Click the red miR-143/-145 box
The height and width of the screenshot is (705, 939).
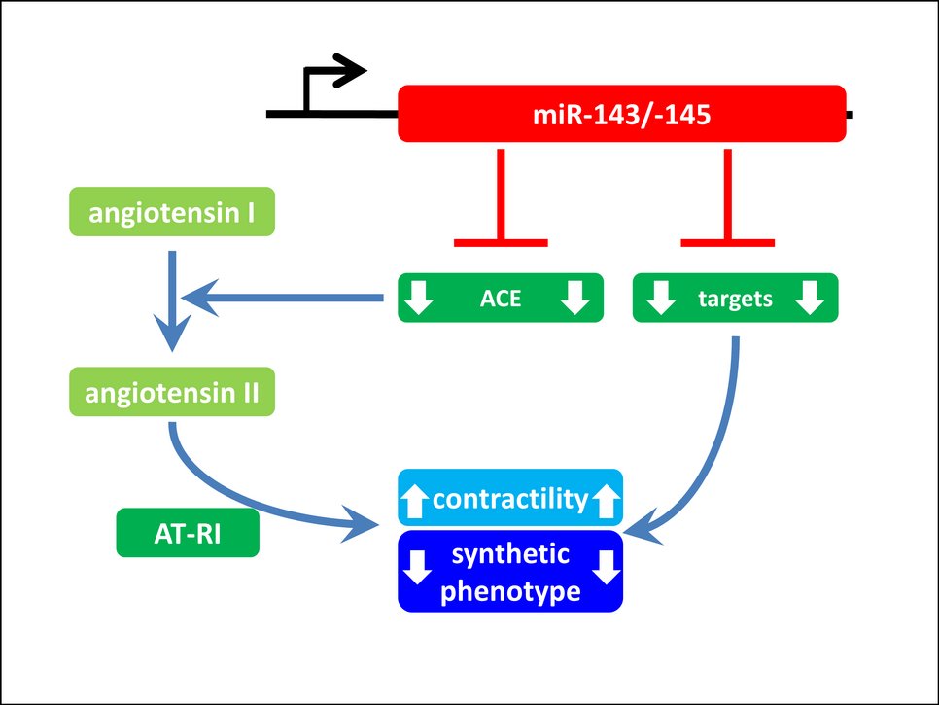pyautogui.click(x=622, y=114)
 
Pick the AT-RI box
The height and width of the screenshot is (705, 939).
pyautogui.click(x=188, y=534)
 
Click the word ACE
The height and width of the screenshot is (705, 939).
pyautogui.click(x=501, y=299)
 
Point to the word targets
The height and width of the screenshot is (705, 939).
pyautogui.click(x=735, y=299)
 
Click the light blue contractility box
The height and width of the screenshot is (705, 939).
pyautogui.click(x=510, y=500)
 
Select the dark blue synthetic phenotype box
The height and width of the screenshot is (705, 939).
pyautogui.click(x=510, y=571)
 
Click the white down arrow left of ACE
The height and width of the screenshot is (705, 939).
pyautogui.click(x=418, y=299)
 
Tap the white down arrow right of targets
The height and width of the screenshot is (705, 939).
pyautogui.click(x=809, y=299)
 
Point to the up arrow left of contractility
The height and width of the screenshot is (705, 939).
pyautogui.click(x=415, y=501)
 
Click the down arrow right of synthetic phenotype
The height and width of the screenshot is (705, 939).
pyautogui.click(x=606, y=567)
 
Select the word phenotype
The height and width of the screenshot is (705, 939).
pyautogui.click(x=510, y=590)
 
